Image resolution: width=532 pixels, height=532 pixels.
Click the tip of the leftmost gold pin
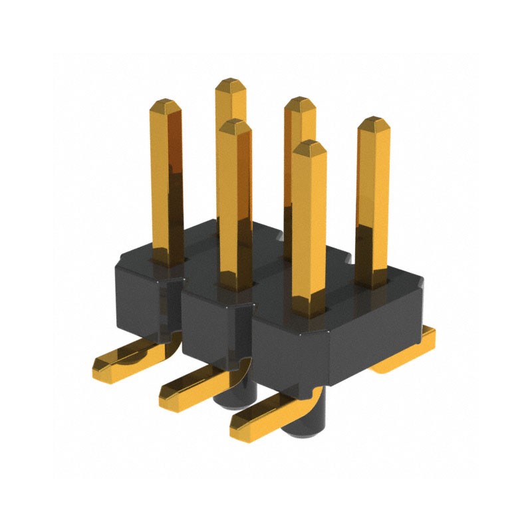[162, 105]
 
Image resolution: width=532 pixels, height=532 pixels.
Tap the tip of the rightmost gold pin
[373, 123]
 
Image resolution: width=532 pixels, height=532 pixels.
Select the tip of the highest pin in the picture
[230, 83]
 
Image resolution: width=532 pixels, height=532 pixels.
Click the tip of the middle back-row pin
[299, 103]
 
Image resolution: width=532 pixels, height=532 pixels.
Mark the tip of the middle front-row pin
[235, 125]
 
